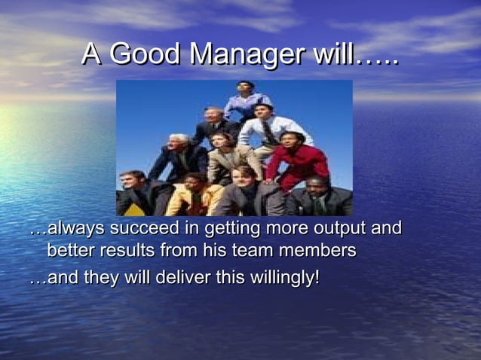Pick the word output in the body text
click(338, 228)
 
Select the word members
click(320, 250)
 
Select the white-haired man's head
click(179, 143)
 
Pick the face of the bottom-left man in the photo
click(134, 182)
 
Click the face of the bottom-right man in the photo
click(317, 185)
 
